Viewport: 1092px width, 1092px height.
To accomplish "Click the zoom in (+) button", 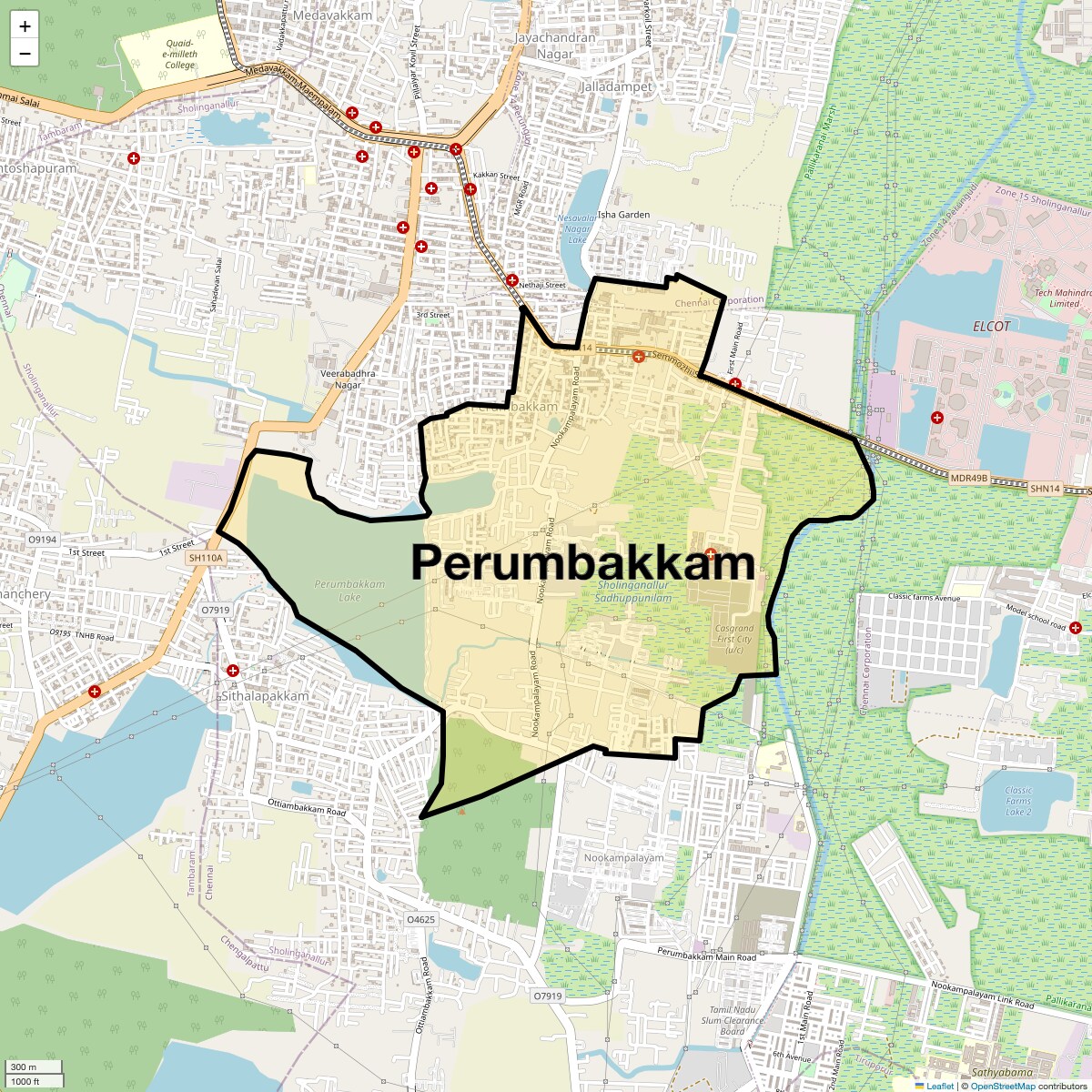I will (x=25, y=26).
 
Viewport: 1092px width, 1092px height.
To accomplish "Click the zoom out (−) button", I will (x=25, y=53).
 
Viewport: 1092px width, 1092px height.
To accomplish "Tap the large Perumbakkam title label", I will (x=582, y=563).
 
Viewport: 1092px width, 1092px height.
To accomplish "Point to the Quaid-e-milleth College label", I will (x=180, y=54).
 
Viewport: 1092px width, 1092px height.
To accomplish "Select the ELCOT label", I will (x=991, y=326).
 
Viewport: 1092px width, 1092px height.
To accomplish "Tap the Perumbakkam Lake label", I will (x=349, y=591).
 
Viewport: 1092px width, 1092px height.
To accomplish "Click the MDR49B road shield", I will (x=968, y=478).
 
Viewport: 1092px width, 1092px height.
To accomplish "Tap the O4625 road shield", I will (x=420, y=919).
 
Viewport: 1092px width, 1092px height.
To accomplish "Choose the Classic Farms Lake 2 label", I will (x=1018, y=801).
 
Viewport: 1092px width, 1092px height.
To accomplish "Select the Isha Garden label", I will (x=623, y=215).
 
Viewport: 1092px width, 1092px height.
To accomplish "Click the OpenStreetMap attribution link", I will (x=1002, y=1086).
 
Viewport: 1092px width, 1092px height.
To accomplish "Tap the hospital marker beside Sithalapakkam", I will (x=233, y=671).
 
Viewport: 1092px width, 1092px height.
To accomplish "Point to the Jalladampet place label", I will (x=616, y=86).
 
